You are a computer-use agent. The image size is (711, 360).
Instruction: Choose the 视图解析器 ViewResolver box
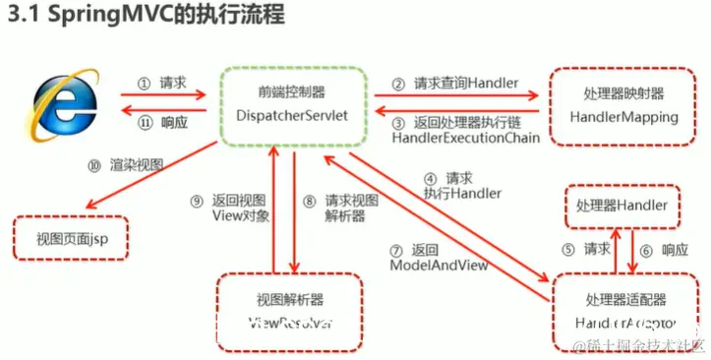tap(290, 311)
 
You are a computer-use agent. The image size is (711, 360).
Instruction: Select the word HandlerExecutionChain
tap(465, 139)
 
